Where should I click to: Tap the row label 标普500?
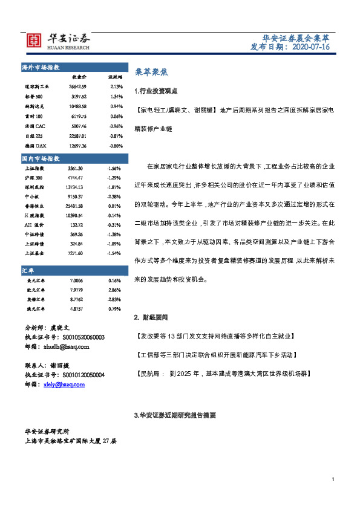(35, 97)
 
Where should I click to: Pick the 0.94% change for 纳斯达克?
(116, 106)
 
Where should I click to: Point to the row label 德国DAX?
(34, 146)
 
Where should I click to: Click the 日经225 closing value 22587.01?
(79, 136)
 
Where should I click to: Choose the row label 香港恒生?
(35, 207)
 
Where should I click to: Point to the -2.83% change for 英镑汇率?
(114, 299)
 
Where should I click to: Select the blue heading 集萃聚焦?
(147, 71)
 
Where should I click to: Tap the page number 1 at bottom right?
(333, 479)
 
